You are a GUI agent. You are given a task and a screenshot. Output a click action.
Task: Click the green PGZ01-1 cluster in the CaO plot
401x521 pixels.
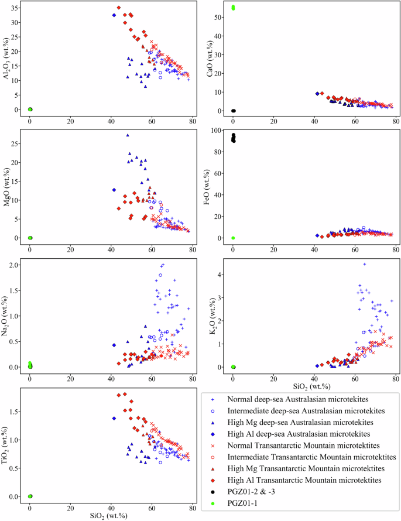click(x=233, y=8)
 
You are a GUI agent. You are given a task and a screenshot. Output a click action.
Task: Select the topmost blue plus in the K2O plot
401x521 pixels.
click(x=364, y=264)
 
